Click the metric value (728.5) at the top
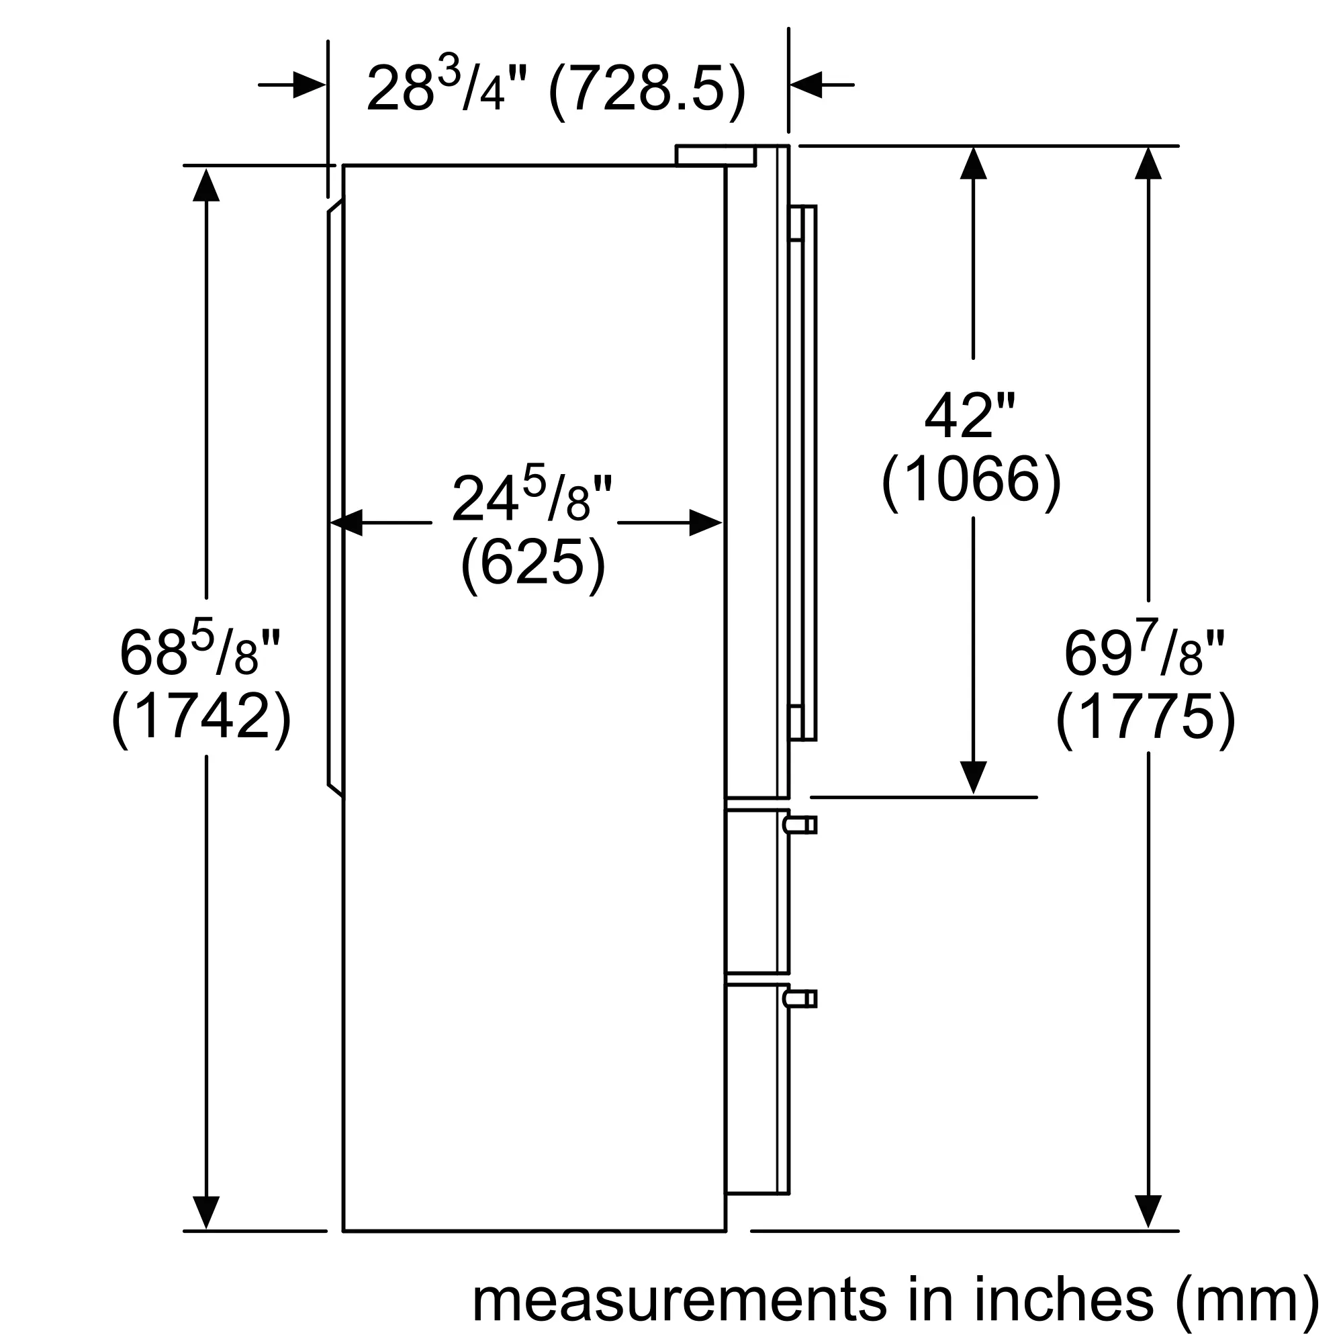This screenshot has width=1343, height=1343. [x=647, y=90]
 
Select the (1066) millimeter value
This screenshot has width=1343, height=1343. [x=971, y=481]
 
